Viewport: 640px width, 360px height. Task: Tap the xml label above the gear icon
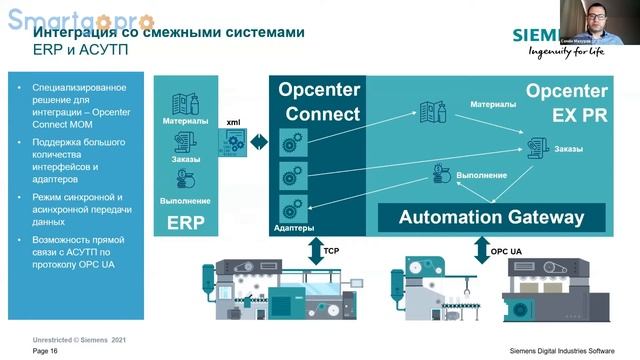coord(233,121)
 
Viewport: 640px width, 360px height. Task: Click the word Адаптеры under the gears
coord(294,228)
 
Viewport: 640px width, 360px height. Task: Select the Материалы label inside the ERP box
coord(185,122)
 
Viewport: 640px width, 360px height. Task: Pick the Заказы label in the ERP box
coord(185,159)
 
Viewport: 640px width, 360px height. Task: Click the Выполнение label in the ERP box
coord(185,201)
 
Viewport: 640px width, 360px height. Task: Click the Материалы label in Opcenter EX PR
coord(493,103)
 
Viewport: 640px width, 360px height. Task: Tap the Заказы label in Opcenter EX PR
coord(569,149)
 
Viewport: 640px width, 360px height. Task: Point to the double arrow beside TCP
coord(313,248)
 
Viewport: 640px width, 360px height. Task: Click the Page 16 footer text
coord(45,352)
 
